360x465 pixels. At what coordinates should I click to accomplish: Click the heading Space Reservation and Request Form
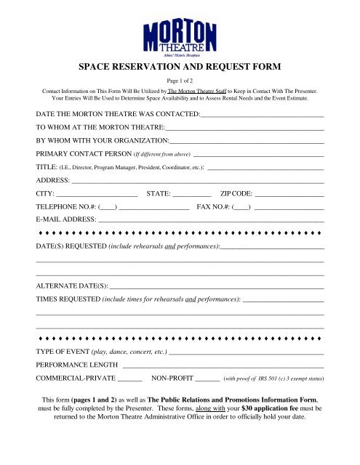pyautogui.click(x=180, y=65)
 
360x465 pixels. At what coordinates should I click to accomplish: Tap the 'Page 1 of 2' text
pyautogui.click(x=180, y=81)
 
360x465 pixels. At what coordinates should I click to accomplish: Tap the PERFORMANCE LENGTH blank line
pyautogui.click(x=223, y=365)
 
